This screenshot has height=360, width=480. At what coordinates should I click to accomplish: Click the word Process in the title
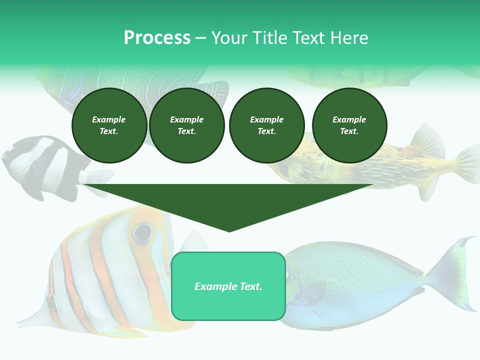[157, 38]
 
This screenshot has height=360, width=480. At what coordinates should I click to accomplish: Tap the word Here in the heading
[348, 38]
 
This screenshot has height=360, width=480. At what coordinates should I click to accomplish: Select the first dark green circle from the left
[109, 125]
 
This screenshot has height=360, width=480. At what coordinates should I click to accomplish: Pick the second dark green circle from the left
[186, 125]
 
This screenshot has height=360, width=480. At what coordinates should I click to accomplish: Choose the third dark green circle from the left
[266, 125]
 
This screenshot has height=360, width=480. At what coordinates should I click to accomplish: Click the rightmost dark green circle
[349, 125]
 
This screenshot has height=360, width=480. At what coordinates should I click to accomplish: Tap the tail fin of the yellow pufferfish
[467, 165]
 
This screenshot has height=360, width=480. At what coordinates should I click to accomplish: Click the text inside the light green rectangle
[228, 286]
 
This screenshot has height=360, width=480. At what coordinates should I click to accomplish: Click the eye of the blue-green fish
[288, 273]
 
